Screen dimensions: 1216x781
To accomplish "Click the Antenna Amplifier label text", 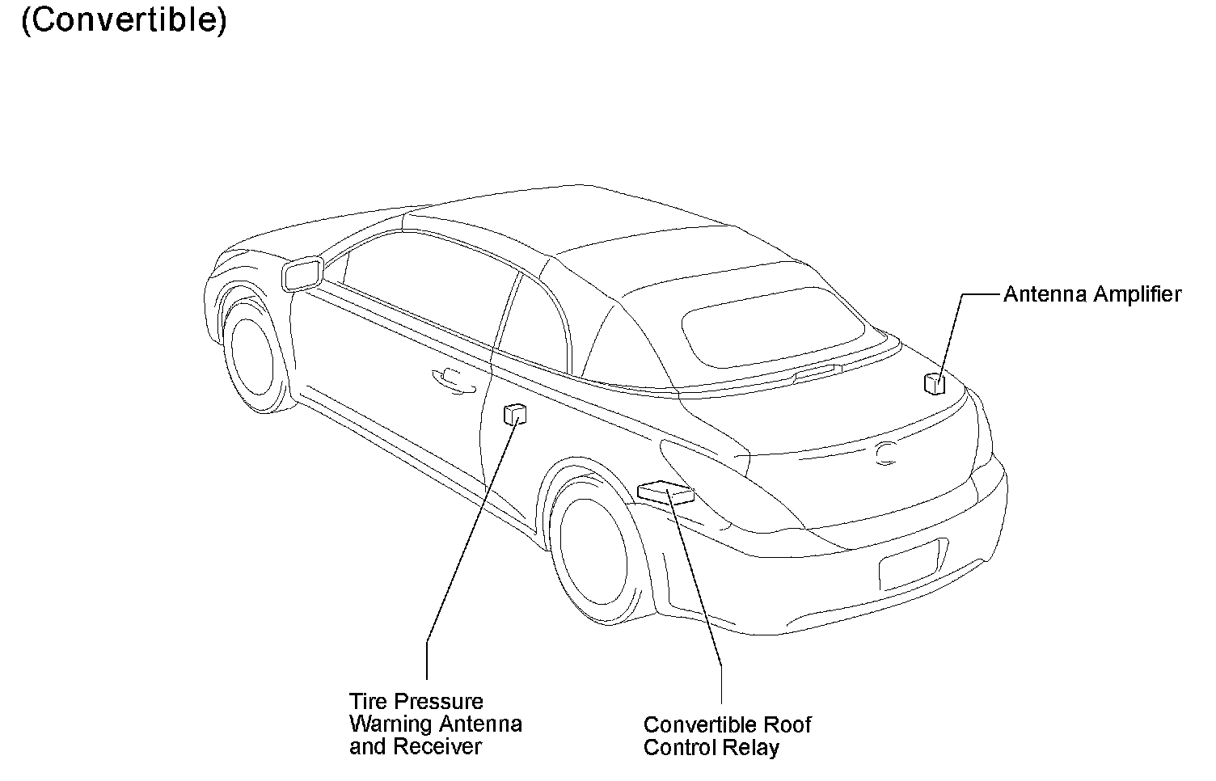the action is coord(1091,294).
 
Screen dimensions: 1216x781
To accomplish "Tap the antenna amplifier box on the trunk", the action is coord(934,382).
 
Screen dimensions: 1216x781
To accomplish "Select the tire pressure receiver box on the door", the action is coord(513,414).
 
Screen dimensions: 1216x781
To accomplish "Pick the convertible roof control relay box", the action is coord(665,492).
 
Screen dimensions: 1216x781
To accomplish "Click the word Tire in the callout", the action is coord(367,702).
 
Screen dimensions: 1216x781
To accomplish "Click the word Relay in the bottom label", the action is coord(756,747).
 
